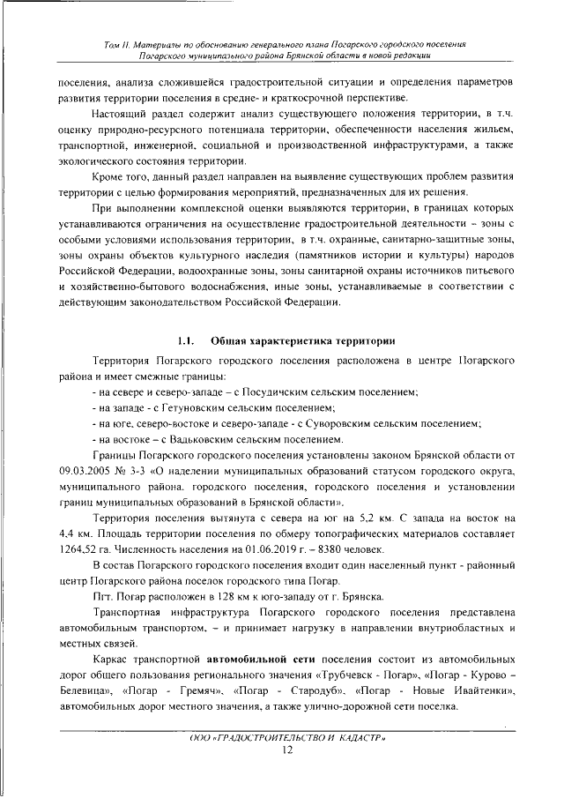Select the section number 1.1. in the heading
tap(185, 340)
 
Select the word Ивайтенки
tap(477, 691)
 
